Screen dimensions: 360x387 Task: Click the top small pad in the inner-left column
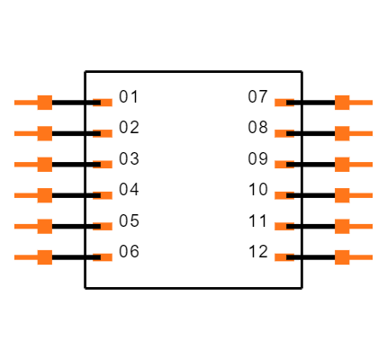pos(104,103)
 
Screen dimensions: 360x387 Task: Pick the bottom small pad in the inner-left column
pos(104,257)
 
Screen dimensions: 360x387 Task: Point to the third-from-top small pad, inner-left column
pos(104,165)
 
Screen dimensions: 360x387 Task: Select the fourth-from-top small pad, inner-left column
pos(104,195)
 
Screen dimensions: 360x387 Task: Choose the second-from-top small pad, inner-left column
pos(104,133)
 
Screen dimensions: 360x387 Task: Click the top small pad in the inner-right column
pos(283,103)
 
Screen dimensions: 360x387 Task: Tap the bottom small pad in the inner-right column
pos(283,257)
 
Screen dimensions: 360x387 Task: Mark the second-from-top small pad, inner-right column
pos(283,133)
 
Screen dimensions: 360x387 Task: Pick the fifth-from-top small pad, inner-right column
pos(283,226)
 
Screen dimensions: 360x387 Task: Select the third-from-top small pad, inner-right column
pos(283,165)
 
